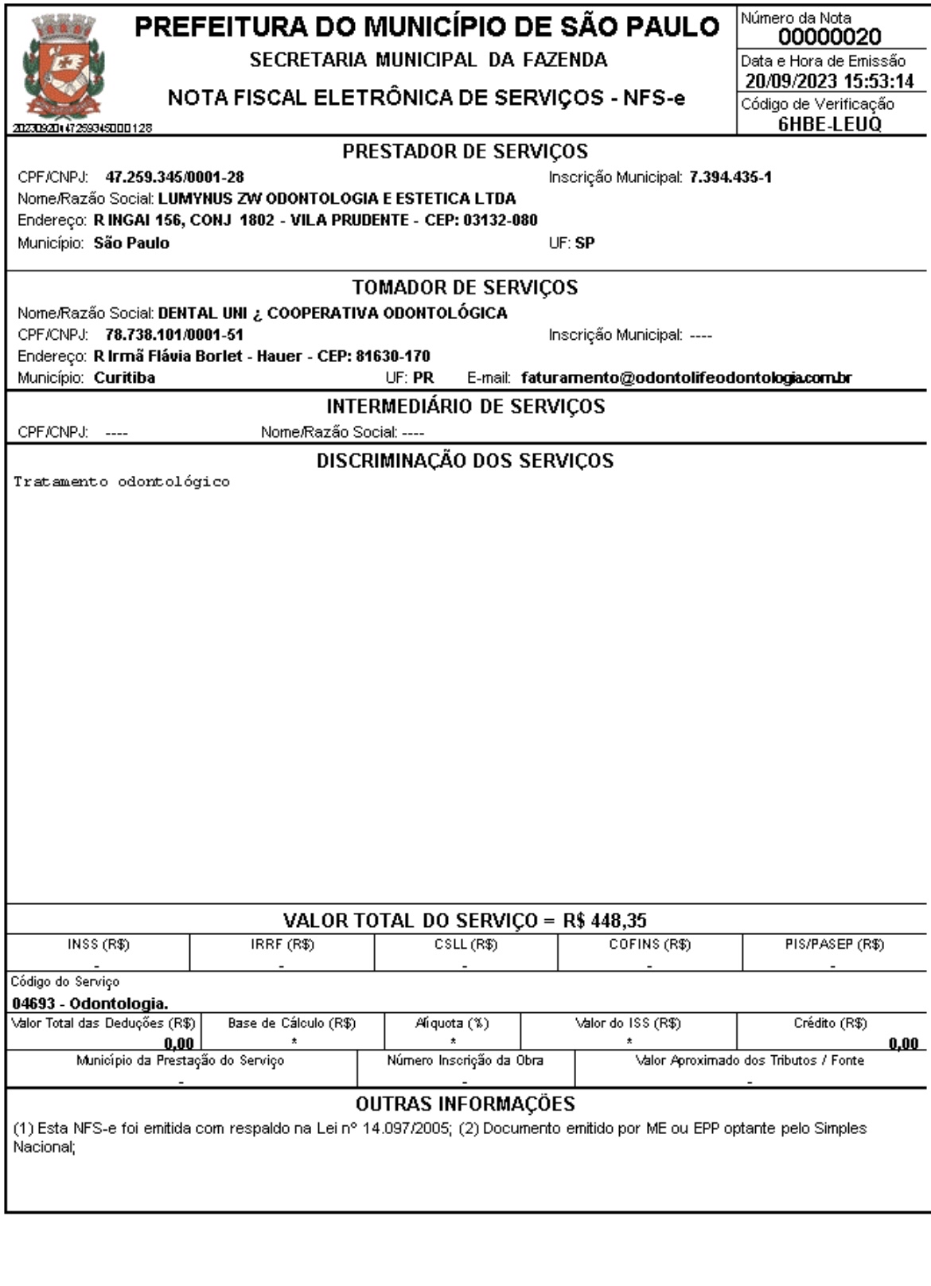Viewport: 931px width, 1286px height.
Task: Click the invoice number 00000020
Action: tap(830, 37)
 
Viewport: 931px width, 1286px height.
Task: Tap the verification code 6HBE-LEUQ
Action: tap(830, 124)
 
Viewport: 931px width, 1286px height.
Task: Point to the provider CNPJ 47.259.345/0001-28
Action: tap(174, 177)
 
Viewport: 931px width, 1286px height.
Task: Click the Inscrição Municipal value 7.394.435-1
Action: tap(730, 177)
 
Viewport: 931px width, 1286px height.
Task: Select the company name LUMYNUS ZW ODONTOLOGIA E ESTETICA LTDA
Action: tap(337, 199)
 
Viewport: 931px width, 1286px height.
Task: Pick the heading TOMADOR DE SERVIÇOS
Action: tap(465, 287)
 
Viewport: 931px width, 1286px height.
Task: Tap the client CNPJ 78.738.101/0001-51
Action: tap(173, 335)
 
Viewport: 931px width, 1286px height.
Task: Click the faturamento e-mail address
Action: tap(686, 378)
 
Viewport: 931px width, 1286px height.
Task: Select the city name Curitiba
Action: tap(124, 378)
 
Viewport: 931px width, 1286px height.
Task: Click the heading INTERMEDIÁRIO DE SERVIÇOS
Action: tap(465, 407)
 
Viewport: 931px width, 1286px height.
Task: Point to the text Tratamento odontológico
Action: tap(122, 482)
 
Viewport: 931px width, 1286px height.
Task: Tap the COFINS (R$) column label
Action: tap(649, 945)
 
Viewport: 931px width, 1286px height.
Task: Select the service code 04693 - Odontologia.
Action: tap(90, 1003)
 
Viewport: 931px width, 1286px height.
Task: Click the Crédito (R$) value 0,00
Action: tap(903, 1043)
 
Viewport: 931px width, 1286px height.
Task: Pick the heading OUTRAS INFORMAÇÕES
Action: tap(465, 1105)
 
